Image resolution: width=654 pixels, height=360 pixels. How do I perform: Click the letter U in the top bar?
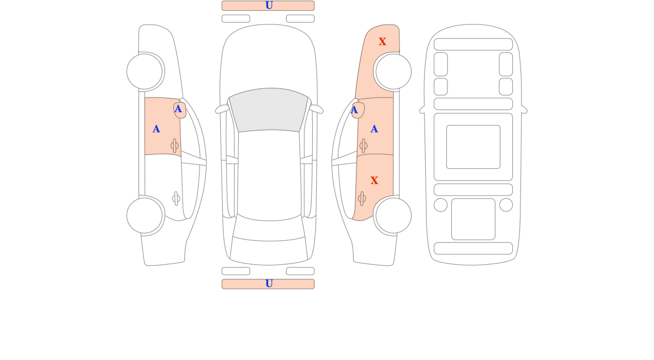tap(269, 5)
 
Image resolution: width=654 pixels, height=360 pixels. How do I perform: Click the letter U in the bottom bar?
tap(269, 284)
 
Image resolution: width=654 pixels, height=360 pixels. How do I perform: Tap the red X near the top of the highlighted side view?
tap(383, 42)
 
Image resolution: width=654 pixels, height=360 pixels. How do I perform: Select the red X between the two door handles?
tap(374, 181)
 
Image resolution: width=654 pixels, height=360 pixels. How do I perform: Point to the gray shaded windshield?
tap(269, 109)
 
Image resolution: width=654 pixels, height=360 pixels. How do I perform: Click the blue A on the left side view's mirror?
tap(178, 109)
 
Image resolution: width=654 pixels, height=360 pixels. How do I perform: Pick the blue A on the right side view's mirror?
tap(354, 110)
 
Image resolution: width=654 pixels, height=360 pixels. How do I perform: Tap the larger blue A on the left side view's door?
tap(156, 129)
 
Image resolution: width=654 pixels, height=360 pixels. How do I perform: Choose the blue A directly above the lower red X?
tap(374, 129)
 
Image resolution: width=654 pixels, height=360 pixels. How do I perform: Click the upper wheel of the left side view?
tap(144, 71)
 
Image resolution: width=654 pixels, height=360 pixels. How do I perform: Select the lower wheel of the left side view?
tap(144, 216)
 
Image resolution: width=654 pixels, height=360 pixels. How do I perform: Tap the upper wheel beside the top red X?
tap(393, 71)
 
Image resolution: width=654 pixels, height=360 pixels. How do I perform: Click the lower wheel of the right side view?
tap(393, 216)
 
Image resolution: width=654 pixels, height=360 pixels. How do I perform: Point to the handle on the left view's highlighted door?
tap(174, 145)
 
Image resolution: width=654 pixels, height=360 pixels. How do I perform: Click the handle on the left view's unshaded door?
tap(176, 199)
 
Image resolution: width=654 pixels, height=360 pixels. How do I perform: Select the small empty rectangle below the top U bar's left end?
tap(236, 19)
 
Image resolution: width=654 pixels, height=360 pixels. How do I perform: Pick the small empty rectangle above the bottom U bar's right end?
tap(300, 271)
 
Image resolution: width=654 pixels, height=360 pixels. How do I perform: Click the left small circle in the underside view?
tap(440, 205)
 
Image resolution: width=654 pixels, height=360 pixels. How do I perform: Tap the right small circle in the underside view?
tap(506, 205)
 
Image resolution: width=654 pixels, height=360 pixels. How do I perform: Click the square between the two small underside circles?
tap(473, 219)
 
